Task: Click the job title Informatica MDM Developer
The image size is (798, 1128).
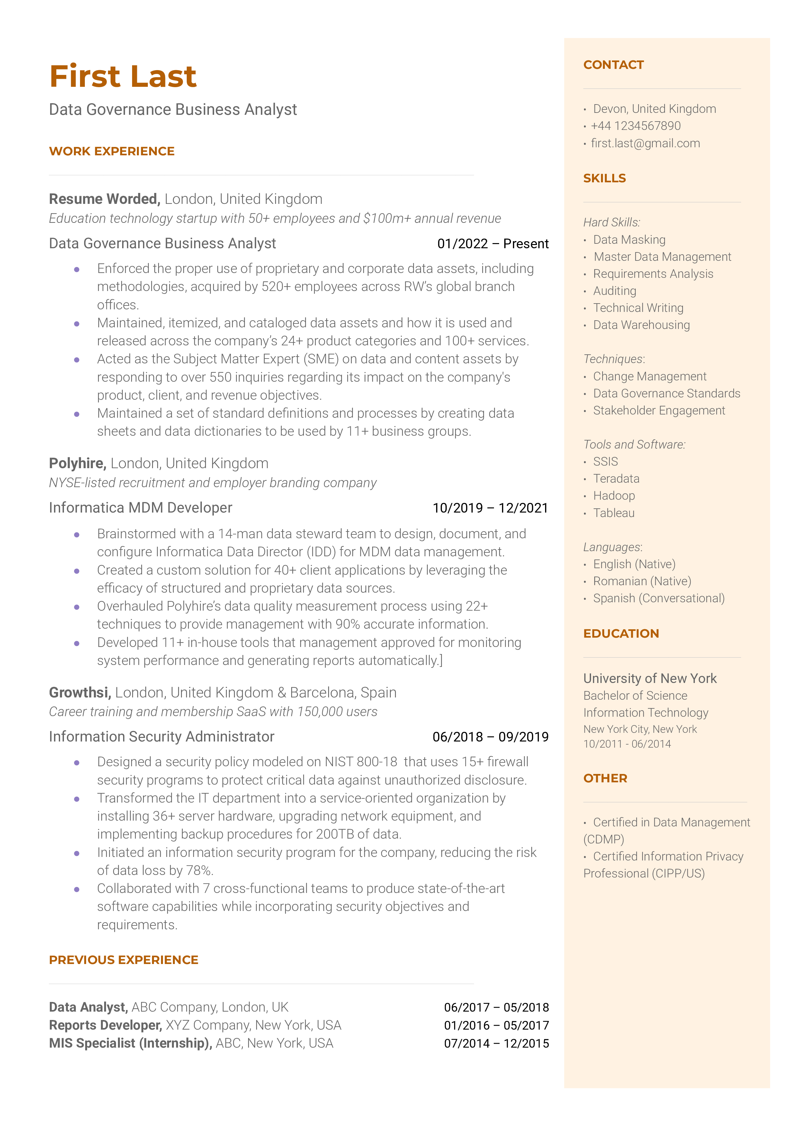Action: [x=140, y=508]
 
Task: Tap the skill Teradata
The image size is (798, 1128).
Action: [x=616, y=479]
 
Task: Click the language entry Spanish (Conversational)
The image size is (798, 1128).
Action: [x=659, y=599]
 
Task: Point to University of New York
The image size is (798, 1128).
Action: [x=650, y=679]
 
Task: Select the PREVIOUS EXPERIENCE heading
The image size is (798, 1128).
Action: [x=123, y=960]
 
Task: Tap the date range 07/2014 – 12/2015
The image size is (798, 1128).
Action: [x=496, y=1043]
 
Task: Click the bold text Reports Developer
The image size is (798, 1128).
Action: [x=105, y=1025]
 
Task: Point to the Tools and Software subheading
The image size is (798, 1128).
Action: [x=634, y=445]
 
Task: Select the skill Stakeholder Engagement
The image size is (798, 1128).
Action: [x=659, y=411]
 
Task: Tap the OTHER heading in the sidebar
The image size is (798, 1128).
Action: [x=605, y=778]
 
